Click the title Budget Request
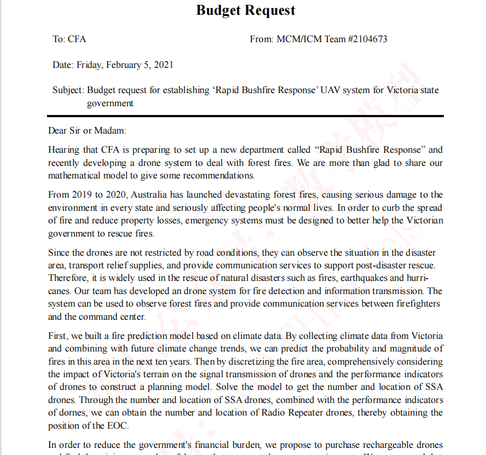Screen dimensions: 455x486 coord(245,10)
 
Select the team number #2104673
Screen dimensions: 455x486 coord(367,39)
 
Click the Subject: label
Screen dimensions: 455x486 coord(68,90)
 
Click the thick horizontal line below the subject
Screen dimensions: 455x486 coord(245,116)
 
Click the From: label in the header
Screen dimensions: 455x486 coord(261,39)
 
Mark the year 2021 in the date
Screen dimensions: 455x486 coord(163,65)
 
